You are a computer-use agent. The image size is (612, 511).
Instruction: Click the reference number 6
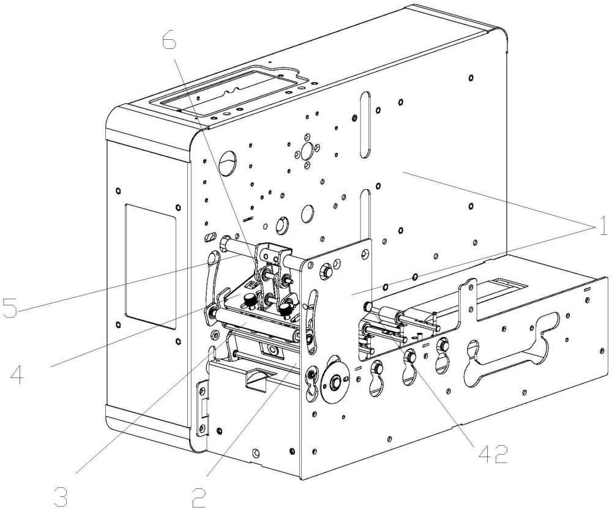tap(169, 42)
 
